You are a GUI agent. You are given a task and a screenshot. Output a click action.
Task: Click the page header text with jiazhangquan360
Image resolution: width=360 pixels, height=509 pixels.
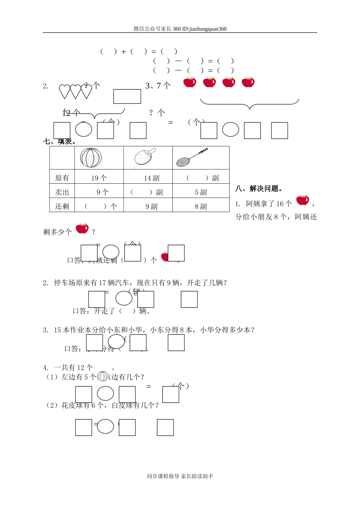[x=180, y=29]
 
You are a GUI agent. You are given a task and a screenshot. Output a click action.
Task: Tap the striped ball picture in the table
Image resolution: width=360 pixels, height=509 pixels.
[x=91, y=158]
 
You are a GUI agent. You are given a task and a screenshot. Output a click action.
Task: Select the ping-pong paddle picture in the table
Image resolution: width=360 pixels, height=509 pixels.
[x=145, y=156]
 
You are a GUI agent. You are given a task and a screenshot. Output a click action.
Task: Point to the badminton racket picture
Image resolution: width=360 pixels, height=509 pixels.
[x=192, y=158]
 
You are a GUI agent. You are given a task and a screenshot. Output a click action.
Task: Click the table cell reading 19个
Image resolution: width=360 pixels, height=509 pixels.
[x=99, y=178]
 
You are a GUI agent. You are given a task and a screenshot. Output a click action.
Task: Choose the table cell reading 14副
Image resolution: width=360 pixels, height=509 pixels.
[x=152, y=178]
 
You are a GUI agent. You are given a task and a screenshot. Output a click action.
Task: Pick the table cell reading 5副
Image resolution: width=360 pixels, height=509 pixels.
[x=201, y=192]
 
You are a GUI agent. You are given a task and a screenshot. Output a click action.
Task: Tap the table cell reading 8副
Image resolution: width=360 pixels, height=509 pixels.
[x=201, y=206]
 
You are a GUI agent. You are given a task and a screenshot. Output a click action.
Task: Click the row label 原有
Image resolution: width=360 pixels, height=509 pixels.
[x=62, y=178]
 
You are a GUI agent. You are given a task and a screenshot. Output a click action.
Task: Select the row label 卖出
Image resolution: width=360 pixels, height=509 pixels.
[x=62, y=192]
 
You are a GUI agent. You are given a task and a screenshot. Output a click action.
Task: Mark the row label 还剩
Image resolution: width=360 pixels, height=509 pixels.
[x=62, y=206]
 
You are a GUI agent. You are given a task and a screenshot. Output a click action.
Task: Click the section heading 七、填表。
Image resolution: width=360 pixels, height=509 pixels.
[x=60, y=142]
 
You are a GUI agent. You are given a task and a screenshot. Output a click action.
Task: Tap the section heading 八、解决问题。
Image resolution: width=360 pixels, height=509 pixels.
[x=260, y=189]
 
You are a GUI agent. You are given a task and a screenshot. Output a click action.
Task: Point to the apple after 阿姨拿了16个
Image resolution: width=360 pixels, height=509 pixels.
[x=302, y=200]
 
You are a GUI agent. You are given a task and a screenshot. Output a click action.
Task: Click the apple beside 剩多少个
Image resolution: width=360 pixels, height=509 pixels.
[x=82, y=228]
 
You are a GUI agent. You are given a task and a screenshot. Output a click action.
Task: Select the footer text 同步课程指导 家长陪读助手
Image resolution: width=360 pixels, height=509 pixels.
[x=180, y=476]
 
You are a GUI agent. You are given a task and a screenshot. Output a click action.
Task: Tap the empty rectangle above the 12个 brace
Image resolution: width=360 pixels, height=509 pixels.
[x=127, y=97]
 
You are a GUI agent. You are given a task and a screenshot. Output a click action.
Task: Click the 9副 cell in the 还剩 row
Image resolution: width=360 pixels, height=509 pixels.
[x=152, y=206]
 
